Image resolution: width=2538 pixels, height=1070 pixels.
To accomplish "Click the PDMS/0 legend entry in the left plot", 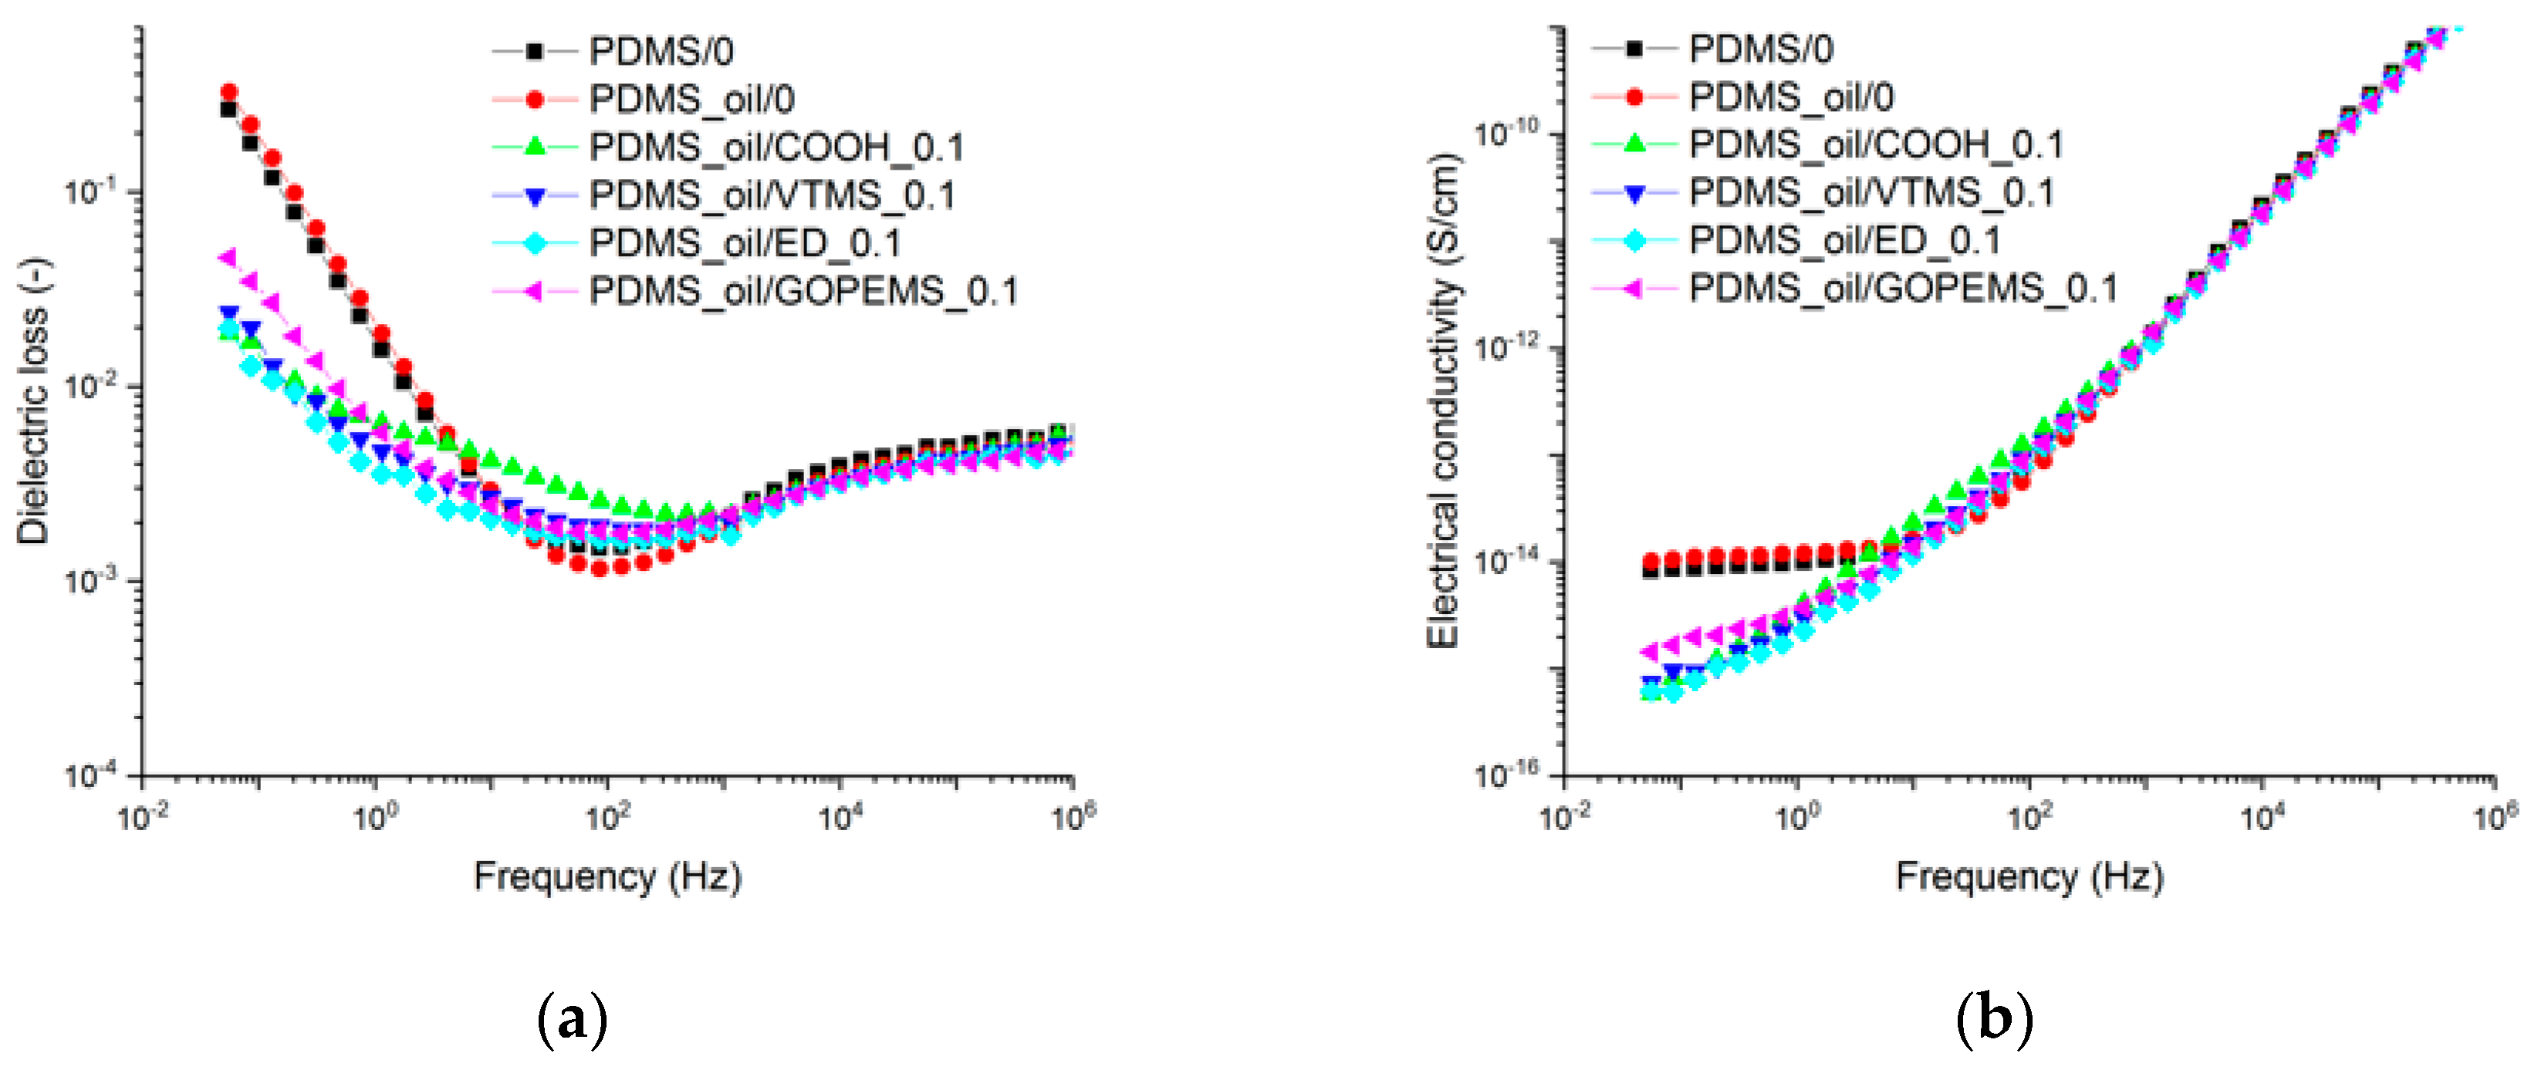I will coord(660,51).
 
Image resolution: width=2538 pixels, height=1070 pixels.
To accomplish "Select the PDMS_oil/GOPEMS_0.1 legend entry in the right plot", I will coord(1901,288).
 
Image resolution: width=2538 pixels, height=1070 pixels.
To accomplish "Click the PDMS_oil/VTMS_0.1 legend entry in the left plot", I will coord(772,195).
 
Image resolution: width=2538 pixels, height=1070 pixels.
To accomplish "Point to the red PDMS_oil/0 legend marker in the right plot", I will coord(1634,96).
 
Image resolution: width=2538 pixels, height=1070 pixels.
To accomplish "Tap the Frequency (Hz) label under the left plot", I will coord(607,875).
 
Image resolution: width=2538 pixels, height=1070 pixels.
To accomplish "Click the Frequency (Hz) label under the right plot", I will coord(2029,875).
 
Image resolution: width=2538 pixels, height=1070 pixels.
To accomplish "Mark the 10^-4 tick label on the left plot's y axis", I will coord(90,775).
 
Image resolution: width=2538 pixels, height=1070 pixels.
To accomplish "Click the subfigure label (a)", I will coord(573,1021).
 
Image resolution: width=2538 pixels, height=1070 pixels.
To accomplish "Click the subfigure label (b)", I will coord(1993,1021).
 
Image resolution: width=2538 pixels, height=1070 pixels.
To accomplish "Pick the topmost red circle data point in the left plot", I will coord(228,92).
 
